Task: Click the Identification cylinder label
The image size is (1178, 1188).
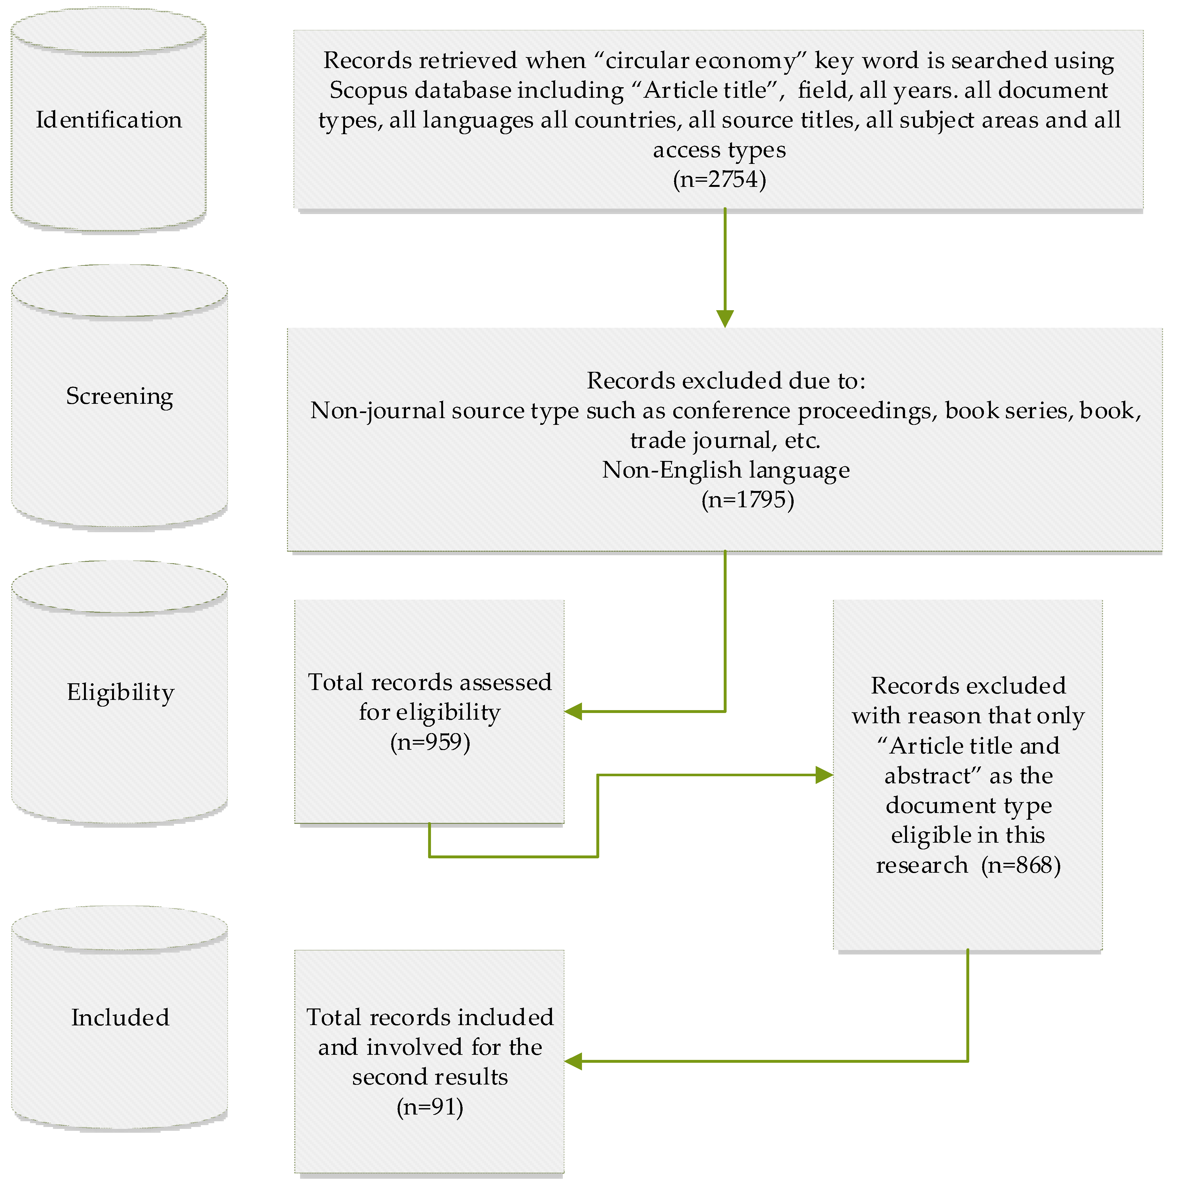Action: [109, 120]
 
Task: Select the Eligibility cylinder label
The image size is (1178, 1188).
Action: [120, 692]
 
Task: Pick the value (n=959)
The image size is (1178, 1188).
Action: [430, 742]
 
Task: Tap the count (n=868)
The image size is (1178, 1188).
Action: [1021, 865]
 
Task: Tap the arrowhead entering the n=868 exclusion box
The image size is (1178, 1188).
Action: [823, 775]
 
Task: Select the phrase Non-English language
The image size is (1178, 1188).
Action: [726, 470]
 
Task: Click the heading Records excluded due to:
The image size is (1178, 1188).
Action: [726, 381]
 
